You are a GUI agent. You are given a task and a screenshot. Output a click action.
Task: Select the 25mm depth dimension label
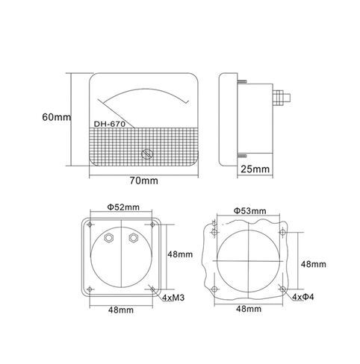[254, 169]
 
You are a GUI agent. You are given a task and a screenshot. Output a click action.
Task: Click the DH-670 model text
[111, 125]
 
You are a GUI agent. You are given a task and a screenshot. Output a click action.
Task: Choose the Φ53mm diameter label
[249, 211]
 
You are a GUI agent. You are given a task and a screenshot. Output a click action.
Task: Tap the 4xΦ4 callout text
[309, 297]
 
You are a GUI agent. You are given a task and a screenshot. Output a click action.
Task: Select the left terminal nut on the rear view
[110, 238]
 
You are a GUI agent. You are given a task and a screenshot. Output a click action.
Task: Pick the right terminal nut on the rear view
[134, 238]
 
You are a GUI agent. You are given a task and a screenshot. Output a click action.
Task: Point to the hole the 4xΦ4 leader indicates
[282, 288]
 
